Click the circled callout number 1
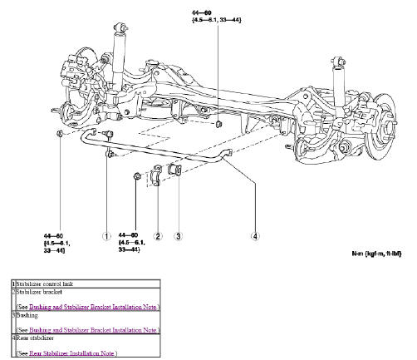pos(106,234)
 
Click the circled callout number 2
pos(158,235)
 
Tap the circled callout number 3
pos(179,235)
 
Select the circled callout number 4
pos(255,235)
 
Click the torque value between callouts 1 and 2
pos(132,246)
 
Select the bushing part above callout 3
pos(175,170)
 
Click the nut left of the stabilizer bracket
pos(138,176)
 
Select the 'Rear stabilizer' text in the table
pos(33,338)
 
